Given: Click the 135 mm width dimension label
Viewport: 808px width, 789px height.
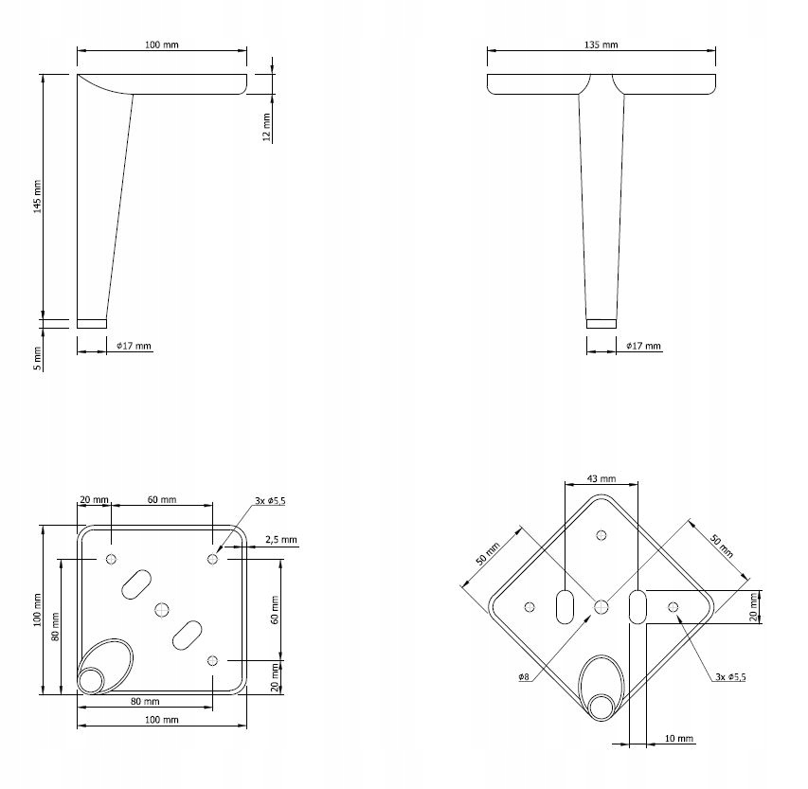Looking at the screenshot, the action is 601,45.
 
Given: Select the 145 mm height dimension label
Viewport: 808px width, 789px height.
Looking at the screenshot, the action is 37,196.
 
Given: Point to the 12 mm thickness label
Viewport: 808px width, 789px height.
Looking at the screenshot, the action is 266,127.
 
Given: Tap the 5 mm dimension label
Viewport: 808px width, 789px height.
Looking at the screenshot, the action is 37,358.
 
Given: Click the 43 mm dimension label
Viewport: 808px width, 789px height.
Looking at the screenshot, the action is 602,478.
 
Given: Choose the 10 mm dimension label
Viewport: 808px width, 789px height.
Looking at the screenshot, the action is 679,739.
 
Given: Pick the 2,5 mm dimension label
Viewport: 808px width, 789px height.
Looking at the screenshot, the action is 281,540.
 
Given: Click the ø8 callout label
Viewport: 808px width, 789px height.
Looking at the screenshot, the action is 524,677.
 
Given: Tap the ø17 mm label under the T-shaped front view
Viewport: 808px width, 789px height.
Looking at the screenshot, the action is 643,346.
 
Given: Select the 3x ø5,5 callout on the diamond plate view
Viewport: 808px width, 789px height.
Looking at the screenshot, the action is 730,676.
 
